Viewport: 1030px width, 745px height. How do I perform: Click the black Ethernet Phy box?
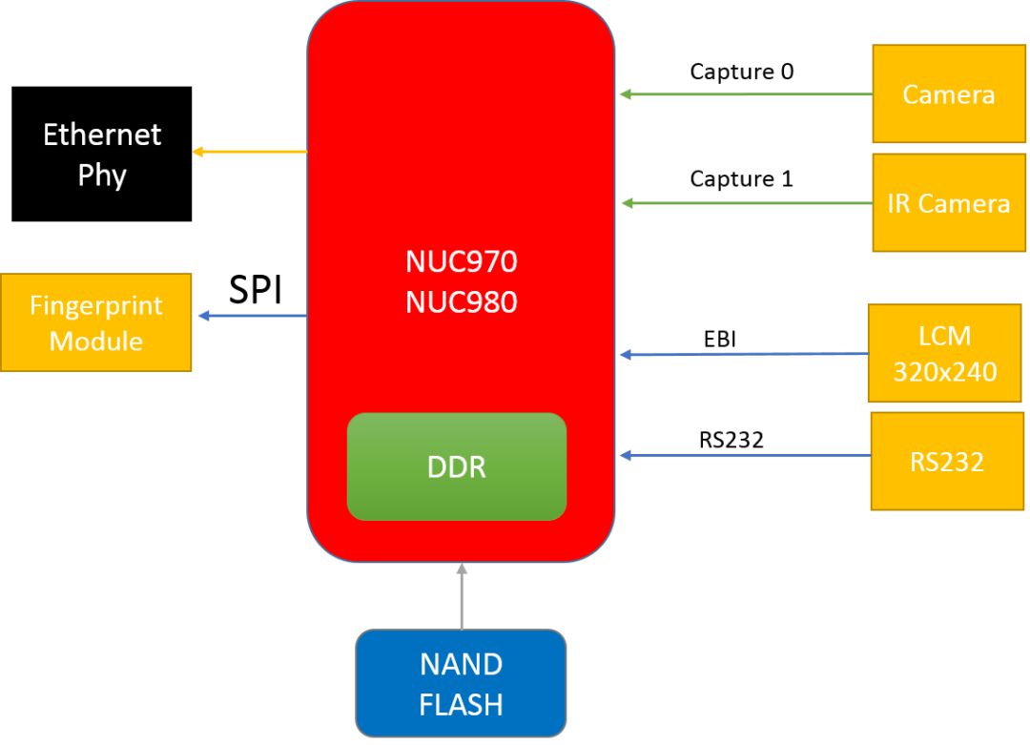102,154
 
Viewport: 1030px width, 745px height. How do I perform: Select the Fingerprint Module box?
96,322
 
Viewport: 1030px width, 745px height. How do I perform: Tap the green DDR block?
457,466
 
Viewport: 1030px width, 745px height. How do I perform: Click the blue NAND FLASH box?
462,683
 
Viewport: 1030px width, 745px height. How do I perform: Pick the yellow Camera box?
949,93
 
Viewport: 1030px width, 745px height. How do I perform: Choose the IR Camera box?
949,203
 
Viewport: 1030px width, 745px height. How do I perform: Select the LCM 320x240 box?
944,354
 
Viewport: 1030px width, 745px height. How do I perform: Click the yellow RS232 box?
947,461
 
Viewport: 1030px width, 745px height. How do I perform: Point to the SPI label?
256,289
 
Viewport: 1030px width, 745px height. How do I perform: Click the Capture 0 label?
742,71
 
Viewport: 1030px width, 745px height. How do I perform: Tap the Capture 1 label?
742,178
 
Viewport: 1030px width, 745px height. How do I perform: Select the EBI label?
720,339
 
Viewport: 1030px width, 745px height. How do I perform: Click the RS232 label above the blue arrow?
731,440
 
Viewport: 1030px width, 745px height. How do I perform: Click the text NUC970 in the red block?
462,261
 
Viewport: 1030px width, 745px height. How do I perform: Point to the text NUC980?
462,302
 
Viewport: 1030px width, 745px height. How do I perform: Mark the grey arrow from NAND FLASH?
462,596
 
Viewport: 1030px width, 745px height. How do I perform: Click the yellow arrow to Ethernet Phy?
250,152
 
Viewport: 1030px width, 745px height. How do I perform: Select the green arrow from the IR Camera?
747,203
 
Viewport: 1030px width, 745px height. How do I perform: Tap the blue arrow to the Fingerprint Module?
253,316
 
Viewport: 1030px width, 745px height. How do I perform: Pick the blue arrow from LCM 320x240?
744,354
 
